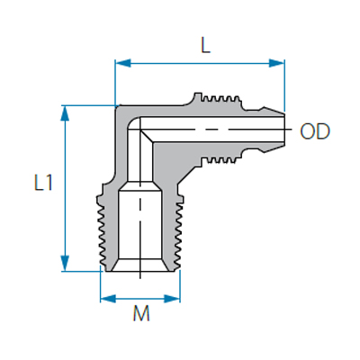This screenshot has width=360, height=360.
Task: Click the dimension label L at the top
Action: point(205,47)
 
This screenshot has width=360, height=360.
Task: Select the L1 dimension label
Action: point(44,183)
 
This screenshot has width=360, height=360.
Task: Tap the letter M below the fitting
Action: point(141,314)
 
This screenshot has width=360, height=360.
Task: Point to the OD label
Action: point(315,131)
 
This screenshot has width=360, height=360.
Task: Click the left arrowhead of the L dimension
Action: point(123,63)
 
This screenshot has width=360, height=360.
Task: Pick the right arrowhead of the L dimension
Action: point(276,63)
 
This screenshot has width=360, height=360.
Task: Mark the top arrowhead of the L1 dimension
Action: point(65,113)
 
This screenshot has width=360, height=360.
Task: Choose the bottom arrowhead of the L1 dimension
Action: point(65,263)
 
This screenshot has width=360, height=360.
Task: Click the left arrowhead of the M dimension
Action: point(108,299)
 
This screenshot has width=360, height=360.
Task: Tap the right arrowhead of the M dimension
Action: point(172,299)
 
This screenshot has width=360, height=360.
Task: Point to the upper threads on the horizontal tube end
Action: point(220,98)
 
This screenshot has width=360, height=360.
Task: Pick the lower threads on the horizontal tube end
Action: point(220,160)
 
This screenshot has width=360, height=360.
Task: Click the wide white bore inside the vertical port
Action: point(140,225)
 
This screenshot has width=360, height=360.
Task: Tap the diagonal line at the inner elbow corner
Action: point(147,136)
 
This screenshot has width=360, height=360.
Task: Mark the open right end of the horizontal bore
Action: point(283,130)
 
